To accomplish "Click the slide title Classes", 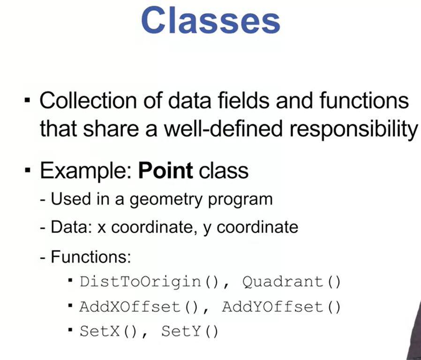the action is tap(211, 21).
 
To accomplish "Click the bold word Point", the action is tap(165, 171).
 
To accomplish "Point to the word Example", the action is tap(86, 171).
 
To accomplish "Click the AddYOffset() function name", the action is tap(281, 307).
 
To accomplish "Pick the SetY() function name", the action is tap(190, 331).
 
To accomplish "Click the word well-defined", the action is tap(223, 128).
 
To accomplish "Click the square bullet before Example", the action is tap(27, 171).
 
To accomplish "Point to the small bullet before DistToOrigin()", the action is tap(70, 281).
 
